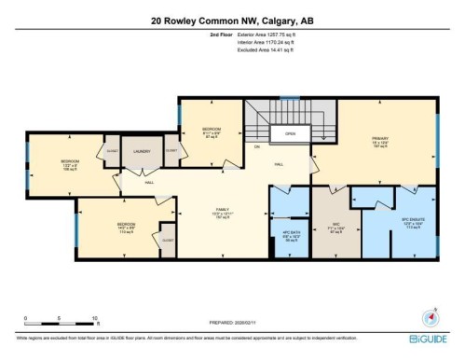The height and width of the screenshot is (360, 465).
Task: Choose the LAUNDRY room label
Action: (x=142, y=149)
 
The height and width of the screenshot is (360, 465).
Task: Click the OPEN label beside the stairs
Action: (x=290, y=133)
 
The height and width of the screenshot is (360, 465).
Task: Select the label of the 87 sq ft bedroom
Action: (x=212, y=130)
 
